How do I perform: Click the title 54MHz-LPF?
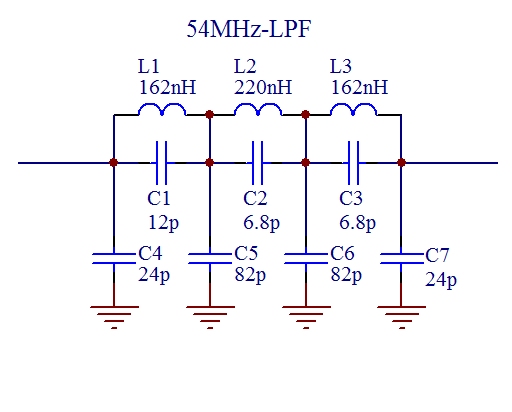click(x=249, y=29)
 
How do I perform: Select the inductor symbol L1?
click(x=162, y=109)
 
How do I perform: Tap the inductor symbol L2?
click(x=258, y=109)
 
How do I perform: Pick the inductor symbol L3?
click(x=354, y=109)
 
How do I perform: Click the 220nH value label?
click(x=263, y=87)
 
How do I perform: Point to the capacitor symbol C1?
click(x=162, y=163)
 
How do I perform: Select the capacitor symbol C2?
click(x=258, y=163)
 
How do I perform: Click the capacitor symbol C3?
click(x=353, y=163)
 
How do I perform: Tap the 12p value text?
click(x=163, y=222)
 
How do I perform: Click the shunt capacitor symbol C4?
click(x=114, y=259)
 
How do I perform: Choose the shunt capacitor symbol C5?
click(x=210, y=259)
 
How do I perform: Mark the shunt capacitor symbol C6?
click(x=306, y=259)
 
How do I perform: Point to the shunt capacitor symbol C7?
click(x=402, y=259)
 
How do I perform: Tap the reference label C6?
click(x=342, y=253)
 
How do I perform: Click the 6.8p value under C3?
click(x=357, y=222)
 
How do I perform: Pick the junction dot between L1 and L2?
click(x=209, y=115)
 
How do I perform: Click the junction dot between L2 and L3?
click(x=305, y=115)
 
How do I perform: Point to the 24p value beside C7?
click(x=441, y=279)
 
